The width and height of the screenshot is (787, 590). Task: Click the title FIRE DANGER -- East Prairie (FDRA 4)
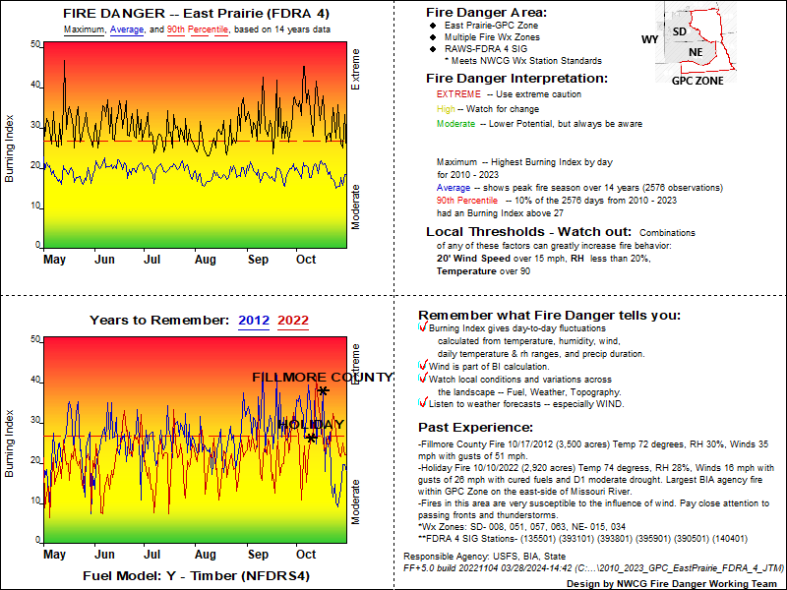pyautogui.click(x=196, y=14)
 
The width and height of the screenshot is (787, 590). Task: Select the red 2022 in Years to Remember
pyautogui.click(x=293, y=320)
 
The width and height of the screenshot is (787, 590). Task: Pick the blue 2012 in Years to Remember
pyautogui.click(x=254, y=320)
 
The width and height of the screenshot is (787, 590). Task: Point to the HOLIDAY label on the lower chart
pyautogui.click(x=312, y=425)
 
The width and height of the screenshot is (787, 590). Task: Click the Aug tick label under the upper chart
pyautogui.click(x=205, y=260)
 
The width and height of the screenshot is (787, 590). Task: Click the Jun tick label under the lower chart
pyautogui.click(x=104, y=556)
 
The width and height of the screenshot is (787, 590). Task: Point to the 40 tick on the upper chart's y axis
pyautogui.click(x=35, y=85)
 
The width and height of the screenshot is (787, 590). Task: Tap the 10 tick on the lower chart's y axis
pyautogui.click(x=35, y=501)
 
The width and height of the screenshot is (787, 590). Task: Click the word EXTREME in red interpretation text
pyautogui.click(x=457, y=94)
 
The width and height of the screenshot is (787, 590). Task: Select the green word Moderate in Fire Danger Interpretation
pyautogui.click(x=455, y=124)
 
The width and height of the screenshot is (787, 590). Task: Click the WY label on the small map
pyautogui.click(x=649, y=39)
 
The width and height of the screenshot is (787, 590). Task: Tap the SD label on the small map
pyautogui.click(x=679, y=31)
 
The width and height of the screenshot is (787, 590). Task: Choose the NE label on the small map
pyautogui.click(x=696, y=52)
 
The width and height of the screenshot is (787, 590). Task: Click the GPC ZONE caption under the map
pyautogui.click(x=697, y=81)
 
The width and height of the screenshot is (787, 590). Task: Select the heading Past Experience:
pyautogui.click(x=476, y=427)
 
